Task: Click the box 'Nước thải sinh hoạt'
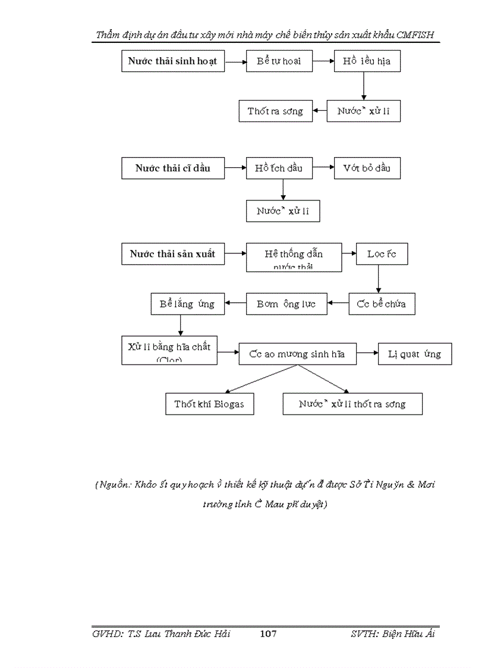tap(173, 61)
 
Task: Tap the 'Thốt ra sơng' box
tap(275, 111)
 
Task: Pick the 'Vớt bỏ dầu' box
tap(367, 168)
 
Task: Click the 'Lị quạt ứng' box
tap(415, 355)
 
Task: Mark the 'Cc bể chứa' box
tap(382, 304)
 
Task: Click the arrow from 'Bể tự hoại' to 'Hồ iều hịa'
tap(323, 61)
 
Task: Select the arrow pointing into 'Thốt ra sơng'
tap(319, 111)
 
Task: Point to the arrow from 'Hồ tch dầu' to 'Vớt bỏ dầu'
tap(323, 168)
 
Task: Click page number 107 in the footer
tap(269, 634)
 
